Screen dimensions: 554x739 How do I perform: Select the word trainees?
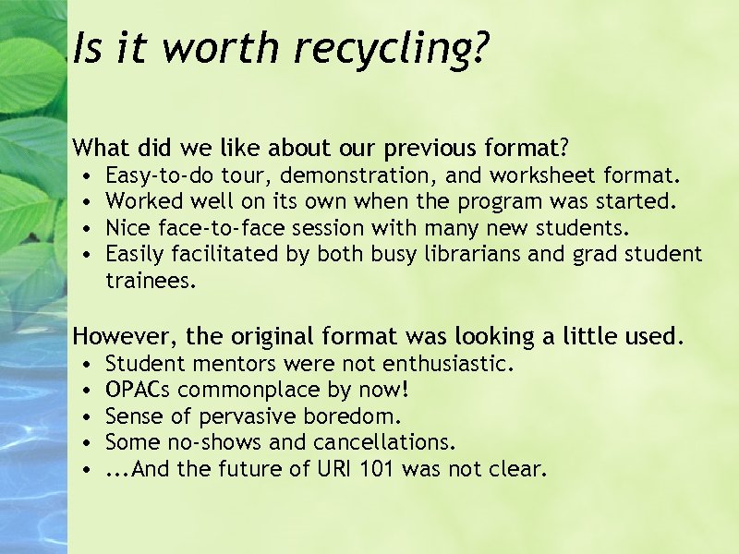151,281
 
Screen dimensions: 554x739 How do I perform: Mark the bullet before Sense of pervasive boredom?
84,416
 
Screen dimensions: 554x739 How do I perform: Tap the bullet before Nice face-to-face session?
84,227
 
